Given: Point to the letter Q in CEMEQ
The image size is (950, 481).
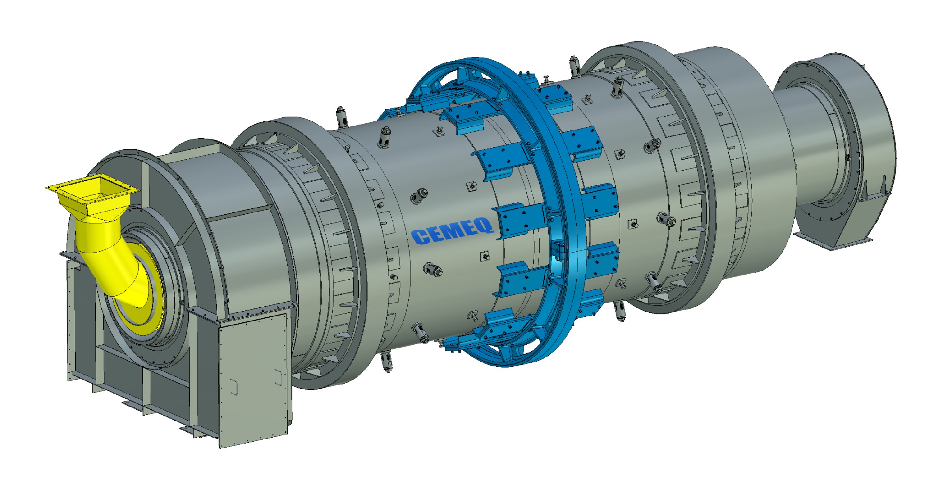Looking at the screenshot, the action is [485, 226].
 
